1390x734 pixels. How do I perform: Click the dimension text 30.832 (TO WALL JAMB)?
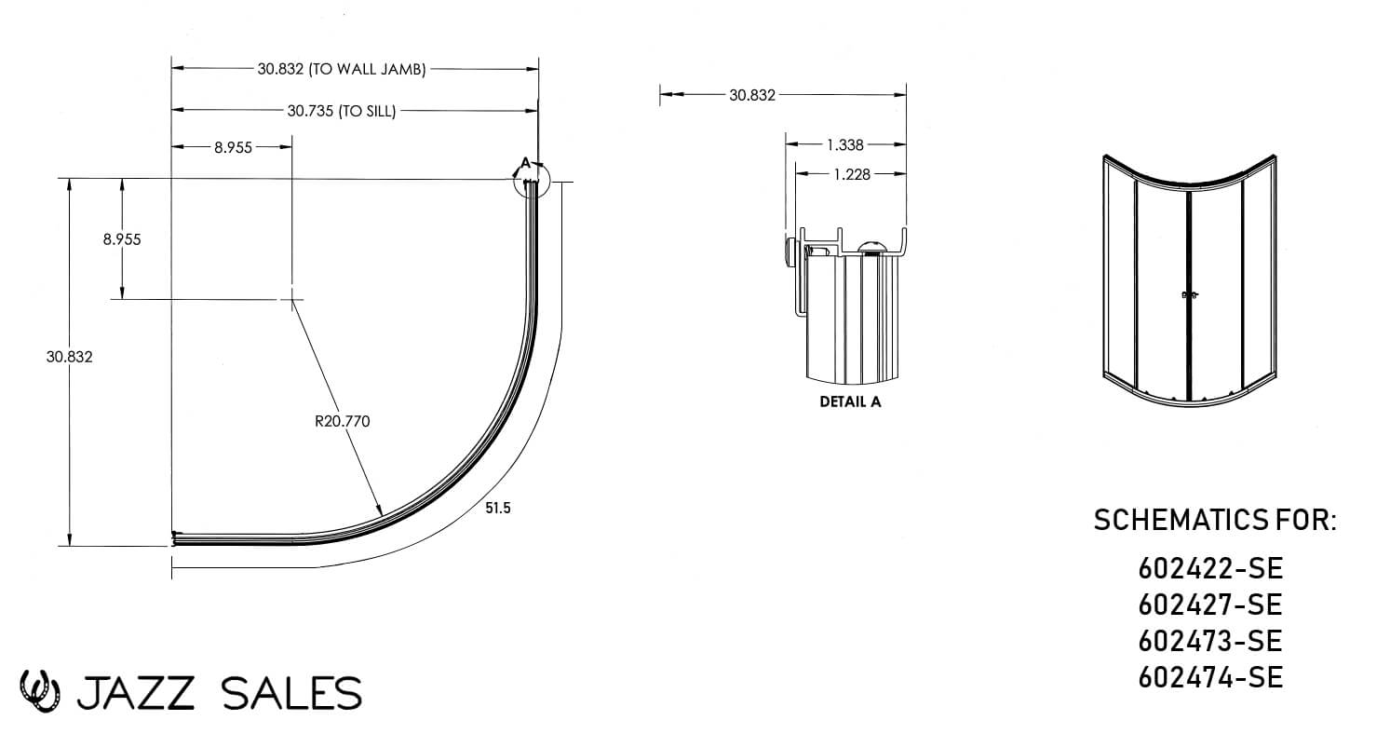coord(342,69)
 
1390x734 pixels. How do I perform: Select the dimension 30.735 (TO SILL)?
coord(342,111)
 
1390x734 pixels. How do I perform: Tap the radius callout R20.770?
coord(343,421)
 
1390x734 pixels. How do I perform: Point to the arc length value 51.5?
coord(498,508)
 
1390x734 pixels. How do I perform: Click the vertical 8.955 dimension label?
coord(122,239)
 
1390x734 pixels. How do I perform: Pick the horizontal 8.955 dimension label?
coord(234,147)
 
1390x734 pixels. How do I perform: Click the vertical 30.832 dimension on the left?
coord(70,357)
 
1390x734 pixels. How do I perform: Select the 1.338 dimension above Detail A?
coord(845,144)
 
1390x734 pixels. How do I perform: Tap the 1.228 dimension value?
coord(852,174)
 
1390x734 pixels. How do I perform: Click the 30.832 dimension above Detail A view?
coord(752,95)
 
